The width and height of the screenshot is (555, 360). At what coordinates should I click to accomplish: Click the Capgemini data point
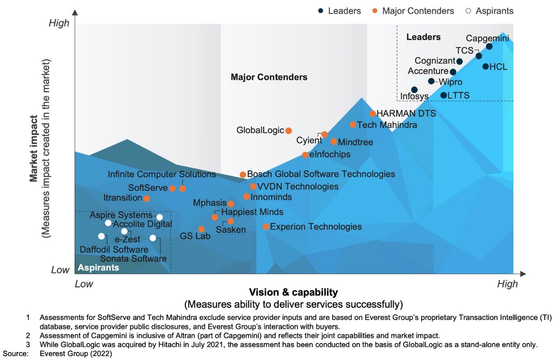coord(489,46)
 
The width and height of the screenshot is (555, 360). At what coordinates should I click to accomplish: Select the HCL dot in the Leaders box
coord(485,66)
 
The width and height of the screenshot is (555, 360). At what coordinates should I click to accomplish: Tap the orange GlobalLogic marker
coord(288,131)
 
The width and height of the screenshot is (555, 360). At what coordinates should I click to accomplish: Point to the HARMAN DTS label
coord(406,113)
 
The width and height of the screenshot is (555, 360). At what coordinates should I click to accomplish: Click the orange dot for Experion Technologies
coord(266,227)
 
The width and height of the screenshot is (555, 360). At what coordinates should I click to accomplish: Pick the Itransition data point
coord(147,198)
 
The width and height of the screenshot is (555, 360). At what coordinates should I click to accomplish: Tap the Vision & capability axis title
coord(293,292)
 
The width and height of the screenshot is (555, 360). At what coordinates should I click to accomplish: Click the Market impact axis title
coord(34,148)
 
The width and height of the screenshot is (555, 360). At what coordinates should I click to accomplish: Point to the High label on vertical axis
coord(59,23)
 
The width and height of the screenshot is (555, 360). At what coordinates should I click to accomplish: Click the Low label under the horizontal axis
coord(84,284)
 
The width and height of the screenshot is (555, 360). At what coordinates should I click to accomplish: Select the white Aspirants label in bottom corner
coord(98,267)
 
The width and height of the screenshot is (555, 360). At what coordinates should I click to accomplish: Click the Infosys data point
coord(414,90)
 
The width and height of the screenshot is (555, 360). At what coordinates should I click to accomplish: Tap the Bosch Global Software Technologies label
coord(321,174)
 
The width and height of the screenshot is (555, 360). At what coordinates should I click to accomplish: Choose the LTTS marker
coord(443,95)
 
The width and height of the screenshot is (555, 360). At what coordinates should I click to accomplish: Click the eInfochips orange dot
coord(305,155)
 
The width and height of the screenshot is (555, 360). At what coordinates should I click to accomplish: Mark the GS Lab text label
coord(195,236)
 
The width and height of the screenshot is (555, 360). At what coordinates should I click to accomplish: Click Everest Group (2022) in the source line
coord(76,353)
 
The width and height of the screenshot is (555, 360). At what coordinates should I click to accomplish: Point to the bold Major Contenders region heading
coord(269,77)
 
